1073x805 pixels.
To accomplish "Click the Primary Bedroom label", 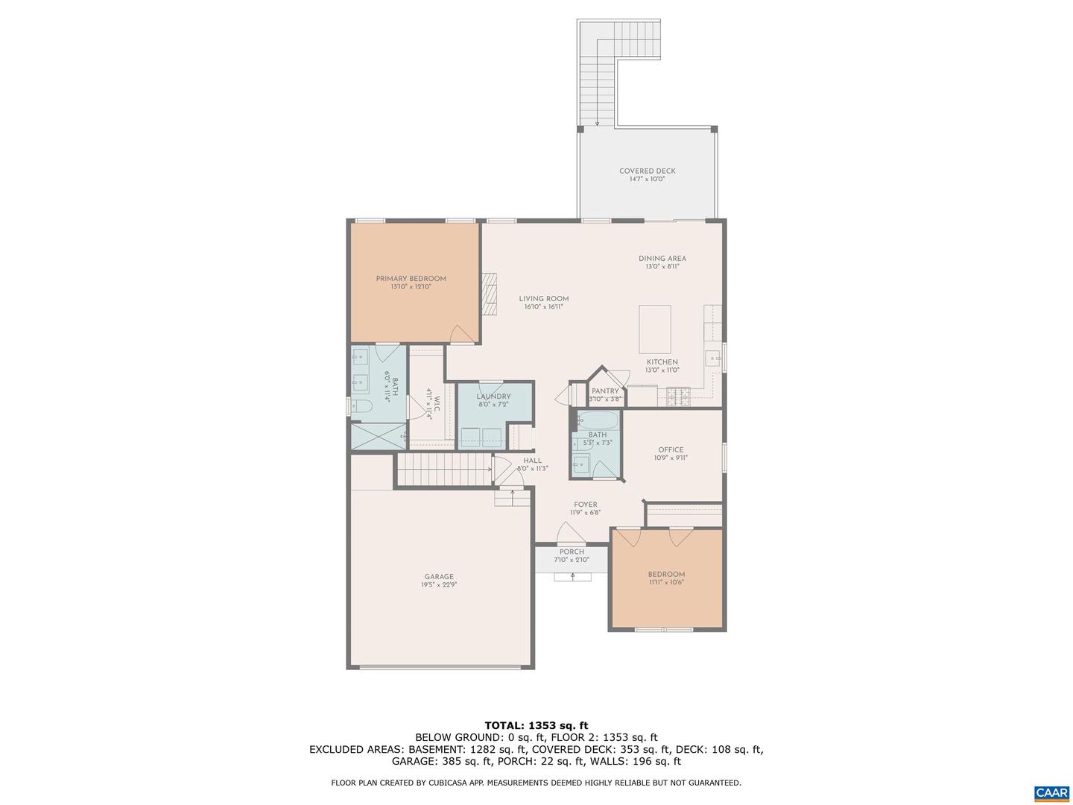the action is point(411,279).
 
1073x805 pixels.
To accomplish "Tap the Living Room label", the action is point(544,299).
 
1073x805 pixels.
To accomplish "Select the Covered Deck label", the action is point(648,171).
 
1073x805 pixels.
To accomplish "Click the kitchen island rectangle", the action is point(654,329).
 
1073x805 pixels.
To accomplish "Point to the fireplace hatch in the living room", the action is point(490,294).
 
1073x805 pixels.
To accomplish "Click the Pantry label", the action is point(605,391).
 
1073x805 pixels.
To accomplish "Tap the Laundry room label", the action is point(494,397).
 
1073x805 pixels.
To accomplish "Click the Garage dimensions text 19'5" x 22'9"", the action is point(439,584).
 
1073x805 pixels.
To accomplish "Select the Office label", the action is point(671,449).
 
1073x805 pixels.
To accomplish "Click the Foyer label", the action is point(586,505).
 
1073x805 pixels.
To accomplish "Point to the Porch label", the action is point(572,552).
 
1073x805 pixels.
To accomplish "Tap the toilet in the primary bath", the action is point(361,406).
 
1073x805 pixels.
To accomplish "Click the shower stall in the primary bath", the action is point(379,436).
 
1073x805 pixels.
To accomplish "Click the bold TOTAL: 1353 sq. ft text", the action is point(536,725).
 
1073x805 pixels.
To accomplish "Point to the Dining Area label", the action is point(662,259).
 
